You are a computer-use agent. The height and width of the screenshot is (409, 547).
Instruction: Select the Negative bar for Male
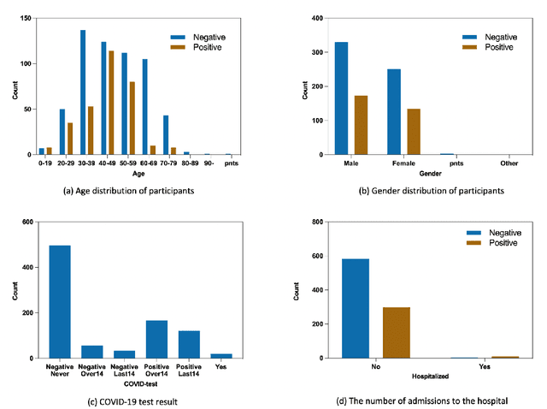click(x=341, y=98)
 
